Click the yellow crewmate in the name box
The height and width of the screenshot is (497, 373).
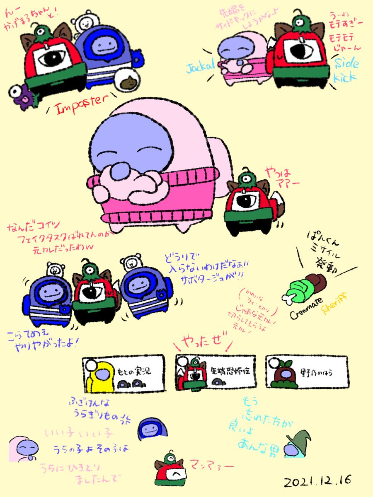tap(100, 377)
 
